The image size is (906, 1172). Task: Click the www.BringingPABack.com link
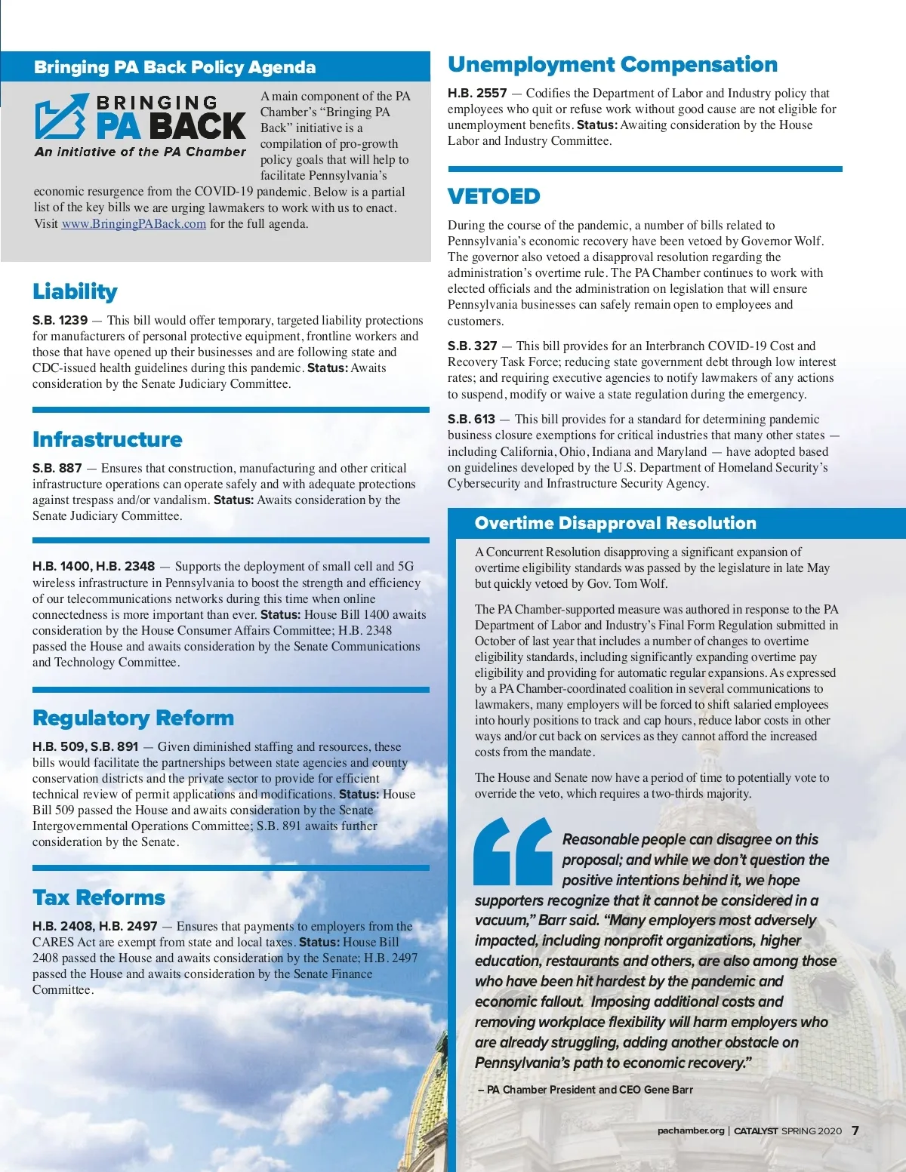click(x=134, y=224)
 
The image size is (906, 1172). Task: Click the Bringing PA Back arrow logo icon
click(x=61, y=117)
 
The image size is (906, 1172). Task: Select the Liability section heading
click(x=75, y=291)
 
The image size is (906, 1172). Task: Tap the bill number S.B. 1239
click(x=60, y=320)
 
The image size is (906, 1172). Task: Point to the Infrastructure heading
click(x=107, y=439)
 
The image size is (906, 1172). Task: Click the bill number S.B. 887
click(x=57, y=468)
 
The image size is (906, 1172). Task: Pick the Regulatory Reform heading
click(x=133, y=718)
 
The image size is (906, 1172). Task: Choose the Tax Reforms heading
click(x=98, y=897)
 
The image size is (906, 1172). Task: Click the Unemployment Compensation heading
click(x=612, y=65)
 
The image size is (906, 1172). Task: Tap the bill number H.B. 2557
click(x=477, y=93)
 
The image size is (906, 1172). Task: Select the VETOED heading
click(x=494, y=196)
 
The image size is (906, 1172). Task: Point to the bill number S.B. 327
click(x=472, y=346)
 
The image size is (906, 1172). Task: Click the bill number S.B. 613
click(x=471, y=419)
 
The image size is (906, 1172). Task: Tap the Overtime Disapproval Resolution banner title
click(x=615, y=523)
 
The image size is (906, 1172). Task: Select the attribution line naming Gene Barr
click(x=585, y=1090)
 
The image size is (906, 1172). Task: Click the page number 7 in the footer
click(x=855, y=1130)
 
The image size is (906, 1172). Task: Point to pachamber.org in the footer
click(x=690, y=1130)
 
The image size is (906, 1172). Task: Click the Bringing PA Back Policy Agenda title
click(x=174, y=67)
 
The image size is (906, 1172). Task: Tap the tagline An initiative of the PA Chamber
click(x=140, y=152)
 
